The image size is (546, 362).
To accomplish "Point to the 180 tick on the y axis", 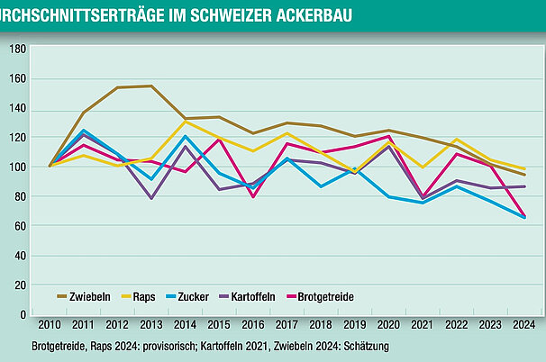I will point(17,50).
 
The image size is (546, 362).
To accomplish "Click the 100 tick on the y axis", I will point(17,167).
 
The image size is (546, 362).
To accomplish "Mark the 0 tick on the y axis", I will point(23,315).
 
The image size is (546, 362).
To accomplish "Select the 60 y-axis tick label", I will point(20,227).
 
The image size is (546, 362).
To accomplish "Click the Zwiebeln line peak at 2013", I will point(151,86).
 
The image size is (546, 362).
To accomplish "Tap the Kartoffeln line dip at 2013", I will point(151,198).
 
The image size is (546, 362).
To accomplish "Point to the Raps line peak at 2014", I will point(185,121).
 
